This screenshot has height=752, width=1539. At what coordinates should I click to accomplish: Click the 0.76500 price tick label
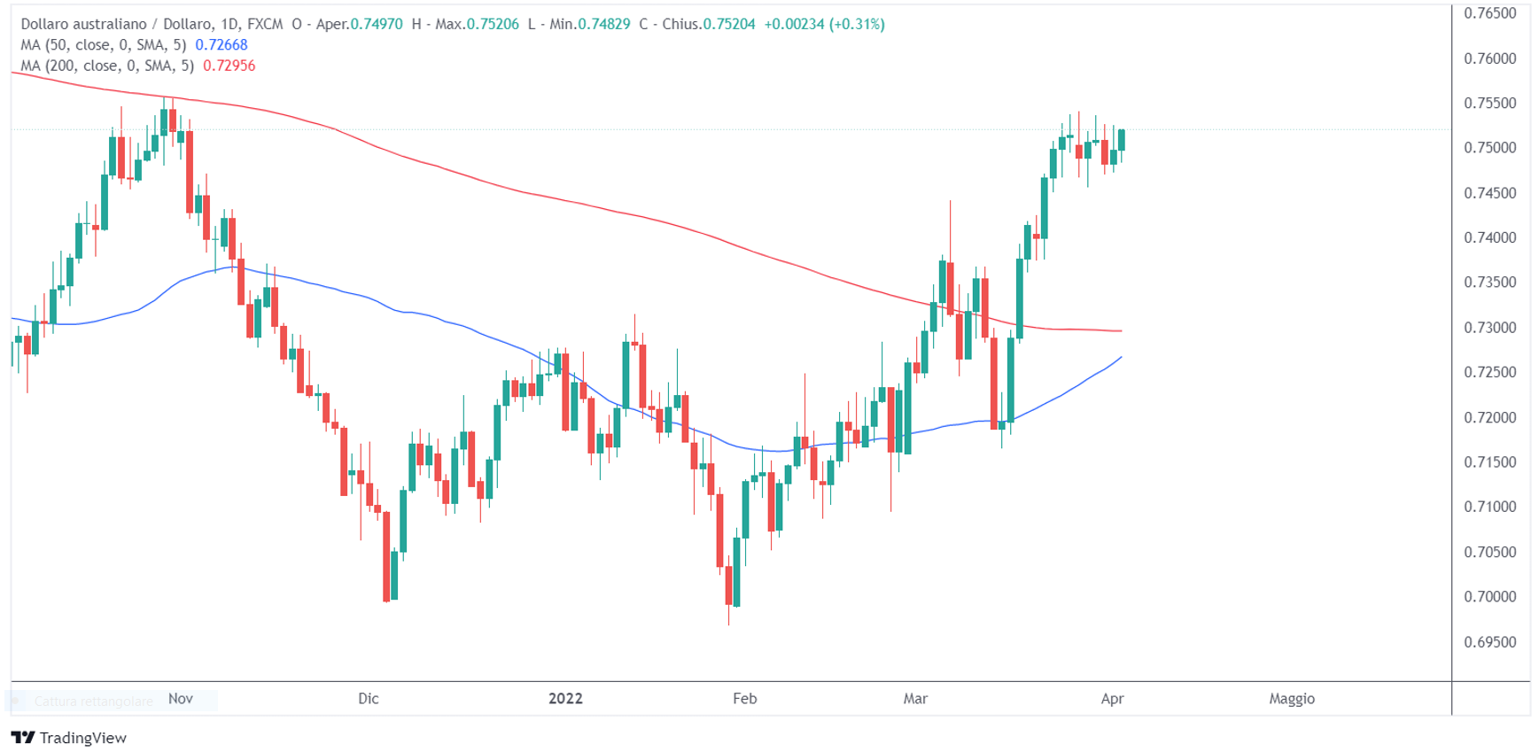point(1489,13)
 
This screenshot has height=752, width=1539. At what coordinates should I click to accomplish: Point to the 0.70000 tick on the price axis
point(1489,597)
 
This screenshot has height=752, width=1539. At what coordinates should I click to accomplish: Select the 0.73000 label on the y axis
point(1489,328)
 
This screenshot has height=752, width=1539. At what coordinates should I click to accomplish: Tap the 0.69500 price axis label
point(1489,642)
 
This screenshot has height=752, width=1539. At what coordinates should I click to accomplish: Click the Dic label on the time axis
point(369,699)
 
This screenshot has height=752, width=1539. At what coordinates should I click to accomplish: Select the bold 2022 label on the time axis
point(565,699)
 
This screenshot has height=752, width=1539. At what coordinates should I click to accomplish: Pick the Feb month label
point(744,699)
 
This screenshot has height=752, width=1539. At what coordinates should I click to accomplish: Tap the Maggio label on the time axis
point(1291,699)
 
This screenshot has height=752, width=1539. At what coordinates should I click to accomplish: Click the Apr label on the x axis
point(1112,699)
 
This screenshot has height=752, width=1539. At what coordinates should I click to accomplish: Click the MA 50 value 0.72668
point(222,45)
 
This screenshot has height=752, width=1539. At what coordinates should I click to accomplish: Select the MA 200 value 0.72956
point(229,66)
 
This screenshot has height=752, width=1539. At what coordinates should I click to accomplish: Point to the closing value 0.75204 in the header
point(728,24)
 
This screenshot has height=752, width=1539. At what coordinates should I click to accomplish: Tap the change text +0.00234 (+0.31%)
point(824,24)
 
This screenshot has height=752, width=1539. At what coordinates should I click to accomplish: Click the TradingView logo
point(69,738)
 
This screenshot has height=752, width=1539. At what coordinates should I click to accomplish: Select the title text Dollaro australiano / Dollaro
point(117,24)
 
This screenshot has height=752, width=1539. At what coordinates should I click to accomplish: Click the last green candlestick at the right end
point(1122,139)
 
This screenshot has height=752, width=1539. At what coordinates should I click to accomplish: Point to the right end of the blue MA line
point(1121,357)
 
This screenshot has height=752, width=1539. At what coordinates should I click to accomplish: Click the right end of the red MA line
point(1121,331)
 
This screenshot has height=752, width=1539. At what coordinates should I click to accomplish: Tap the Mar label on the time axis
point(915,699)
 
